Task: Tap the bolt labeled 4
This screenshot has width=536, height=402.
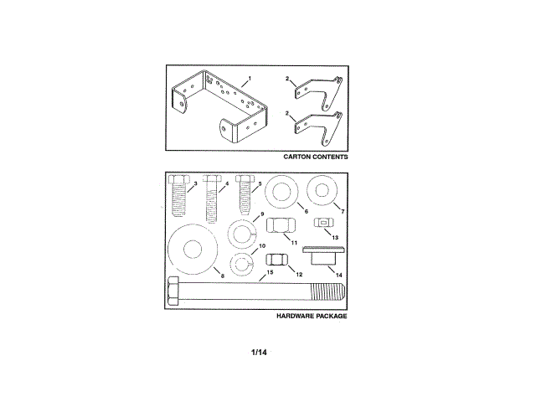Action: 211,198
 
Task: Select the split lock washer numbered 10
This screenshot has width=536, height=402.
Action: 243,265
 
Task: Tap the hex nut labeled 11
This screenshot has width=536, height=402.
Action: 281,228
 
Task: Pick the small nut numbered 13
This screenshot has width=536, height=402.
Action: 322,224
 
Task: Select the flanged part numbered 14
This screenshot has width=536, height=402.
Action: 320,255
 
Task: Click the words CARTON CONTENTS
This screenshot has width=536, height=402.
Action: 316,157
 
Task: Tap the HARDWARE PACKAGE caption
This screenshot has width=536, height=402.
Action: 311,317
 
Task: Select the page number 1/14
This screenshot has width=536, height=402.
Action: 259,352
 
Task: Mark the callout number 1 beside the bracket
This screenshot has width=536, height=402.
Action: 248,77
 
